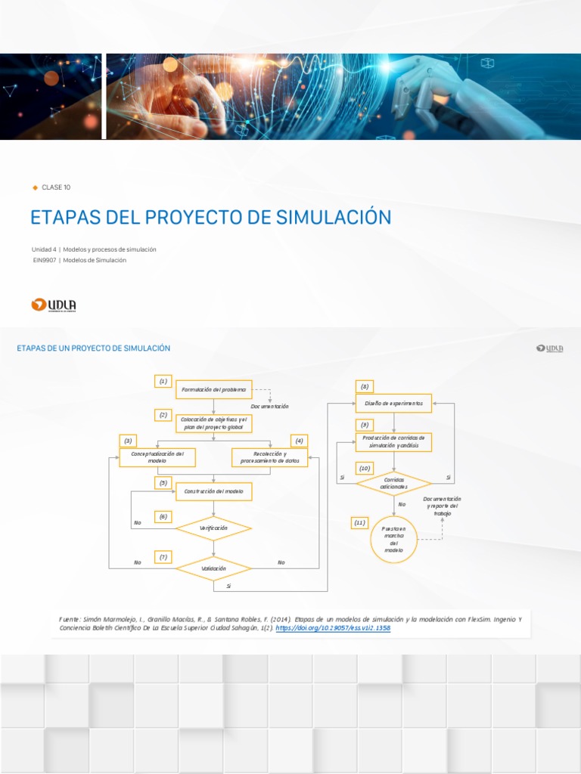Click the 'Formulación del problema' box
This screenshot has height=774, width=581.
pyautogui.click(x=213, y=390)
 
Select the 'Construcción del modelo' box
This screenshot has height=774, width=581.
pyautogui.click(x=214, y=491)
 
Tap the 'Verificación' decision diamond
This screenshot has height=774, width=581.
pyautogui.click(x=213, y=528)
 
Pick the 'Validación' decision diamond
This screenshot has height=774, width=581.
pyautogui.click(x=213, y=568)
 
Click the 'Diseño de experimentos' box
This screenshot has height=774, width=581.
pyautogui.click(x=393, y=404)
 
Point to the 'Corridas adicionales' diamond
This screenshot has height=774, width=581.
pyautogui.click(x=394, y=482)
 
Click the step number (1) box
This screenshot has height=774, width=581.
pyautogui.click(x=163, y=382)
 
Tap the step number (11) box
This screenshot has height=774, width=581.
pyautogui.click(x=359, y=522)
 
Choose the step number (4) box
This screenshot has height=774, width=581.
pyautogui.click(x=300, y=441)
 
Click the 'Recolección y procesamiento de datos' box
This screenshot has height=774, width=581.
pyautogui.click(x=270, y=457)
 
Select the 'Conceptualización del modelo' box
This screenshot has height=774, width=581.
pyautogui.click(x=157, y=457)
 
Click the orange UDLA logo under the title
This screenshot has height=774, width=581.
pyautogui.click(x=54, y=305)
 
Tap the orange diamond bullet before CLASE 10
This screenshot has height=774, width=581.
pyautogui.click(x=35, y=187)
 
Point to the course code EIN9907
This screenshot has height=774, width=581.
pyautogui.click(x=43, y=260)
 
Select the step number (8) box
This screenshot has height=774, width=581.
pyautogui.click(x=365, y=386)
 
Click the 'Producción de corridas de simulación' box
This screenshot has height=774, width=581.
pyautogui.click(x=393, y=441)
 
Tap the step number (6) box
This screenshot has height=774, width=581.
pyautogui.click(x=163, y=517)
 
